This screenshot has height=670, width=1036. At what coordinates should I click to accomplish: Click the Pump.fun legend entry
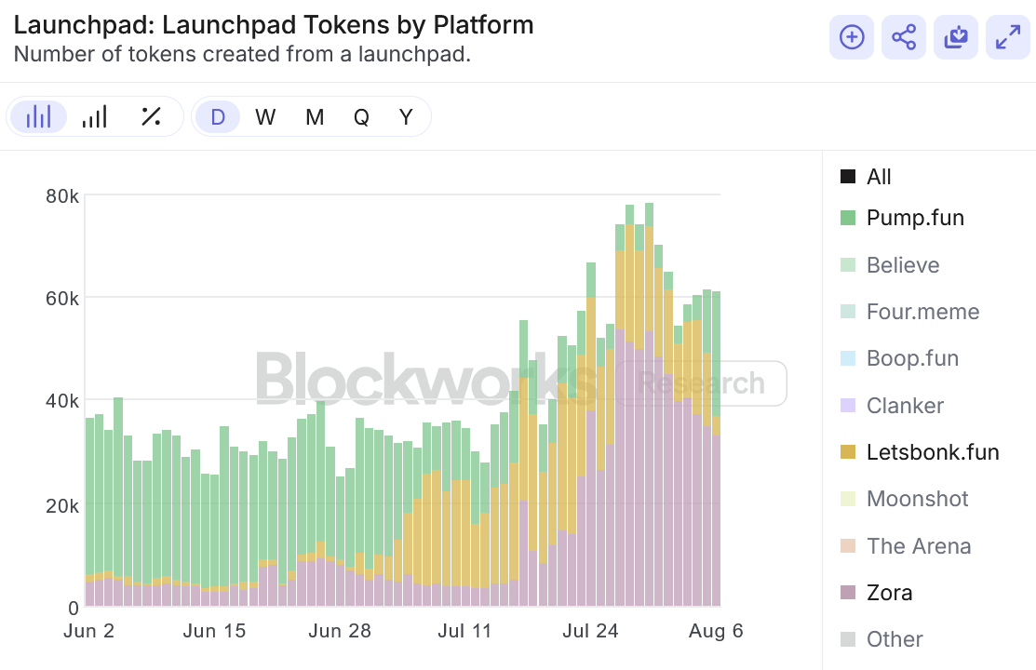tap(914, 218)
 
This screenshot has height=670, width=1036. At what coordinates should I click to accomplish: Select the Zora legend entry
tap(888, 593)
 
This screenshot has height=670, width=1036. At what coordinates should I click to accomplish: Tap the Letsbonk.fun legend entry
tap(932, 452)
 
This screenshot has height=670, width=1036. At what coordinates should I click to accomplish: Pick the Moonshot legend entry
tap(917, 499)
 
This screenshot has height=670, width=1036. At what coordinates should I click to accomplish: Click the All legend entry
tap(878, 177)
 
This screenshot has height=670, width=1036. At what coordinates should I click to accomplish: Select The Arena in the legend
tap(918, 546)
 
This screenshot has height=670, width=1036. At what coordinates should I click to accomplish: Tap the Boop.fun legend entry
tap(911, 358)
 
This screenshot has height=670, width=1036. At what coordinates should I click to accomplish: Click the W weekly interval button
tap(265, 117)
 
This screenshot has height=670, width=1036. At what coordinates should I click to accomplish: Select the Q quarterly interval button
tap(361, 117)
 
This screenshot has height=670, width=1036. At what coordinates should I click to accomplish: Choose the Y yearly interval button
tap(406, 117)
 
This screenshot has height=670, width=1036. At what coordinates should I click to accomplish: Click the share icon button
tap(903, 37)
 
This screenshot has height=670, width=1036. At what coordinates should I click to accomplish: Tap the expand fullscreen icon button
tap(1007, 37)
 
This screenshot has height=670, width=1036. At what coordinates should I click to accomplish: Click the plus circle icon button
tap(852, 37)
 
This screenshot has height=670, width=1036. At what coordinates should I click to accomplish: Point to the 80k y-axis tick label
tap(61, 196)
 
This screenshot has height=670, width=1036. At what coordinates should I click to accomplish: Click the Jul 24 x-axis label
tap(591, 631)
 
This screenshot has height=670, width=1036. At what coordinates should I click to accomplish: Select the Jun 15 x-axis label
tap(214, 631)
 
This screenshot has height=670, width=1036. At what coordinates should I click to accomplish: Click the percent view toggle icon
tap(151, 117)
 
